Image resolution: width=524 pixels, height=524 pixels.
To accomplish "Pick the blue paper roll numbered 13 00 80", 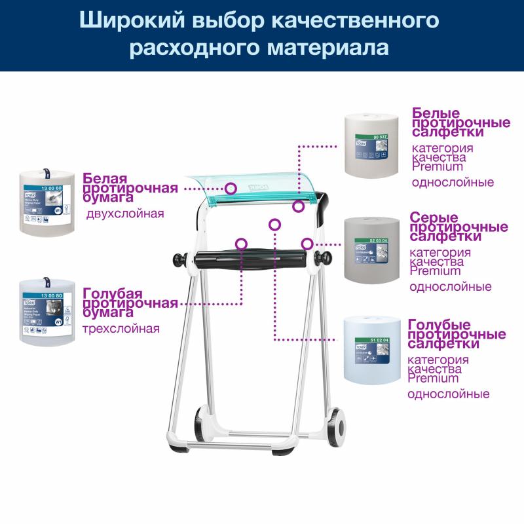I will point(45,310).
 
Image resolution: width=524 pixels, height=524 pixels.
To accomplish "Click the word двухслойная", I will point(125,214).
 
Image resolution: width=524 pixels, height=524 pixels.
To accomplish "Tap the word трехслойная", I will point(121,328).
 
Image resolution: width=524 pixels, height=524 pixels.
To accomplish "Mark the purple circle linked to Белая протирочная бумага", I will point(231,188).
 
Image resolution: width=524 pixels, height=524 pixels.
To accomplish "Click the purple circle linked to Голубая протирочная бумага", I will point(242,243).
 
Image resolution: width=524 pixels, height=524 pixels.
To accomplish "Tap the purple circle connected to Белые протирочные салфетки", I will point(299,206).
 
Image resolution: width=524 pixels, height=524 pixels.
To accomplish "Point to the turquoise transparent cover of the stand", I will point(255,183).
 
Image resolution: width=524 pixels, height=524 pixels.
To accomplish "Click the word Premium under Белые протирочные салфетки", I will point(437,167).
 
